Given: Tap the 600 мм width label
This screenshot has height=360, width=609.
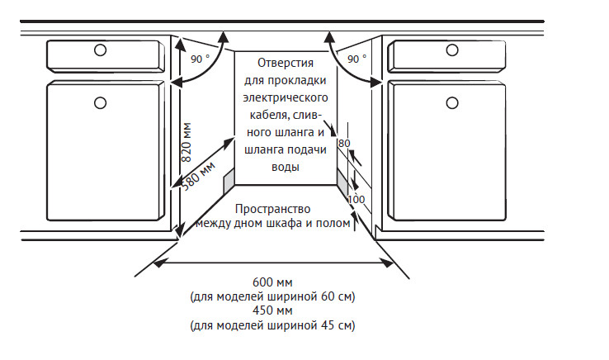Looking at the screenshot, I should click(272, 282).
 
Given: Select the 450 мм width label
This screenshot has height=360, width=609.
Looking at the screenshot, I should click(272, 311).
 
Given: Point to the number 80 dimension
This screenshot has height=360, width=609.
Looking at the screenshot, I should click(344, 143).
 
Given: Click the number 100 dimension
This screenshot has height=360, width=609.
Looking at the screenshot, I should click(356, 199).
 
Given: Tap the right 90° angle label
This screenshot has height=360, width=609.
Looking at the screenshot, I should click(356, 59).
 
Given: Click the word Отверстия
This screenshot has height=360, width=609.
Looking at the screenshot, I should click(286, 63).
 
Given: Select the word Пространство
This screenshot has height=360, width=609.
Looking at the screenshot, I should click(271, 209).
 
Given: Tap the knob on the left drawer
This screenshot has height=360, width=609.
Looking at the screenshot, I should click(100, 50).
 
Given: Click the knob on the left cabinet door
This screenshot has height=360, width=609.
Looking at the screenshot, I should click(100, 102).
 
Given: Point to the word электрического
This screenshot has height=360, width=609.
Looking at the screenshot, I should click(286, 97).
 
